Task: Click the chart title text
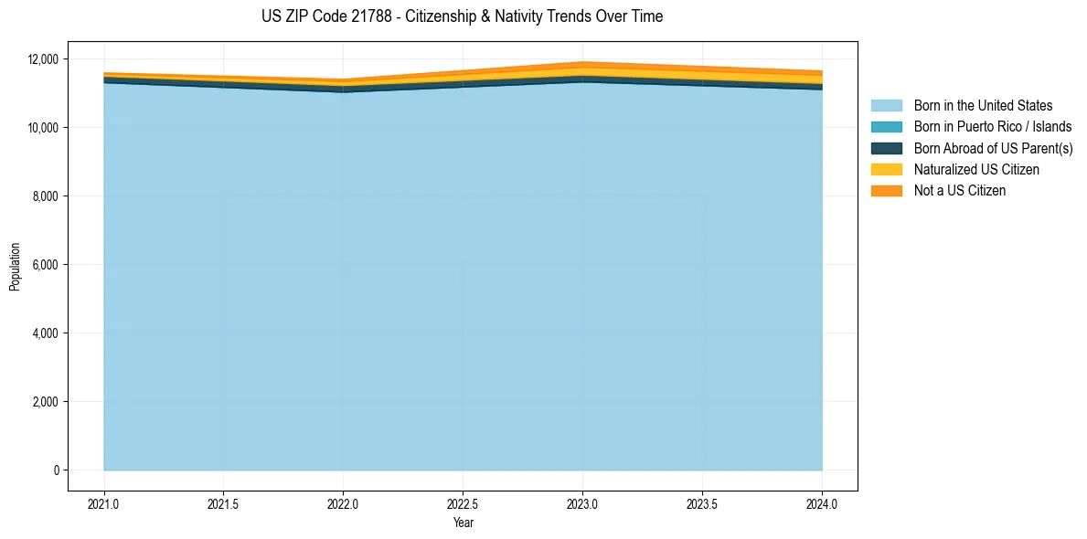click(x=462, y=16)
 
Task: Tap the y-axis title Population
click(x=15, y=266)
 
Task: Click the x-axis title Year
click(x=463, y=523)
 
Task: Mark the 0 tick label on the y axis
click(x=56, y=470)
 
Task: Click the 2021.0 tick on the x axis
click(x=103, y=503)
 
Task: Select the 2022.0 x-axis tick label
click(x=343, y=503)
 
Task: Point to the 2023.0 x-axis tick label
click(x=582, y=503)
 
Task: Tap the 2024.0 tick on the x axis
click(x=822, y=503)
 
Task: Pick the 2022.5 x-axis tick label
click(x=463, y=503)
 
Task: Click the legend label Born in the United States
click(x=983, y=106)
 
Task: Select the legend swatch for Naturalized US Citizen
click(x=886, y=170)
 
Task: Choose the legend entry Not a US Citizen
click(x=959, y=191)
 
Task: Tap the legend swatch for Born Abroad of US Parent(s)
click(x=886, y=148)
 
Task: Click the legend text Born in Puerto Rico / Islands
click(x=993, y=127)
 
